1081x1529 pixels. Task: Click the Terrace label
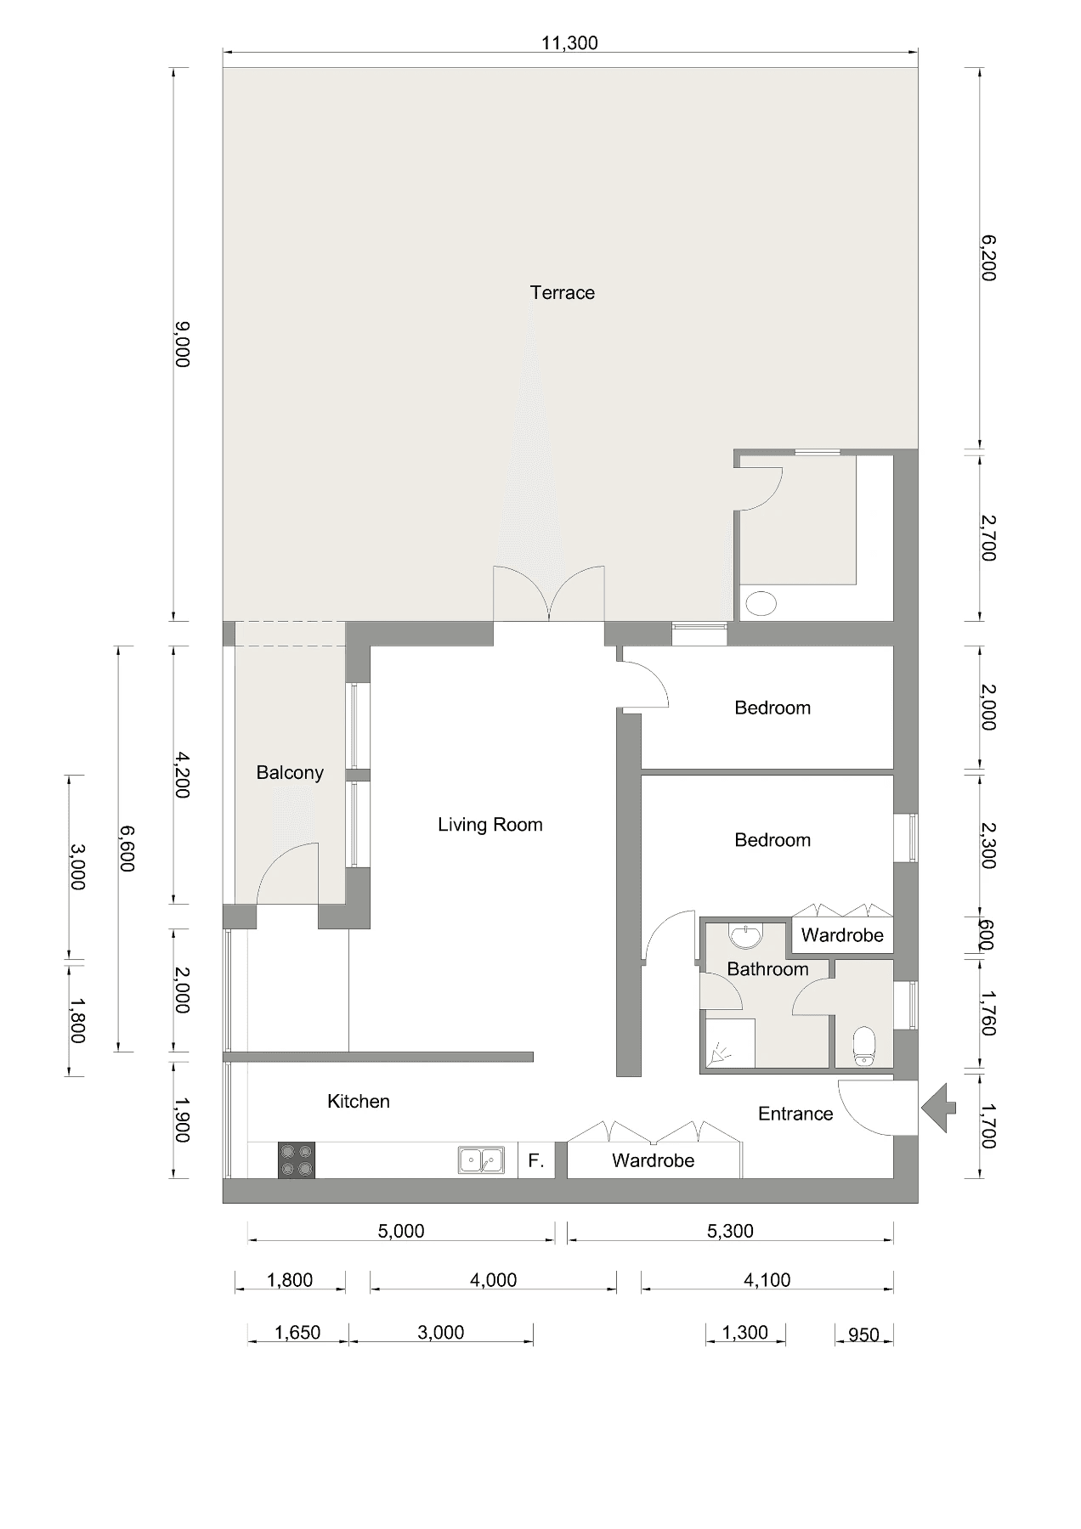[562, 293]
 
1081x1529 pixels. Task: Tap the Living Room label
[490, 825]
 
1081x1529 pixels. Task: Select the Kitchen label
[359, 1102]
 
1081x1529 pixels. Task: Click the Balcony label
[290, 773]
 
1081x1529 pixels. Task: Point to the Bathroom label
[767, 969]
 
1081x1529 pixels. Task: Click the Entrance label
[795, 1114]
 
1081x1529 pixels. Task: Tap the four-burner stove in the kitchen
[297, 1159]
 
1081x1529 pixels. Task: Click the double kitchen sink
[481, 1159]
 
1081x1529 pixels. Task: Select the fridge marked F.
[536, 1160]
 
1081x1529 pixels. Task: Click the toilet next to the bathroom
[863, 1046]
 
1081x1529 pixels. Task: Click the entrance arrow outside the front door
[938, 1108]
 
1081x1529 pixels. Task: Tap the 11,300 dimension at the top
[569, 43]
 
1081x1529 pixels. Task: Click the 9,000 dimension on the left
[182, 344]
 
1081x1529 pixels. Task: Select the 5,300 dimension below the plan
[730, 1231]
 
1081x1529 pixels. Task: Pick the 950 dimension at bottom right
[863, 1334]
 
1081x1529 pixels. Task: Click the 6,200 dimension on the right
[988, 258]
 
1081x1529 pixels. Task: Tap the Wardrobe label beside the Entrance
[653, 1160]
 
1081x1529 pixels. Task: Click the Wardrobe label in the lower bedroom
[842, 935]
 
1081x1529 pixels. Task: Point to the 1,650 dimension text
[297, 1333]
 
